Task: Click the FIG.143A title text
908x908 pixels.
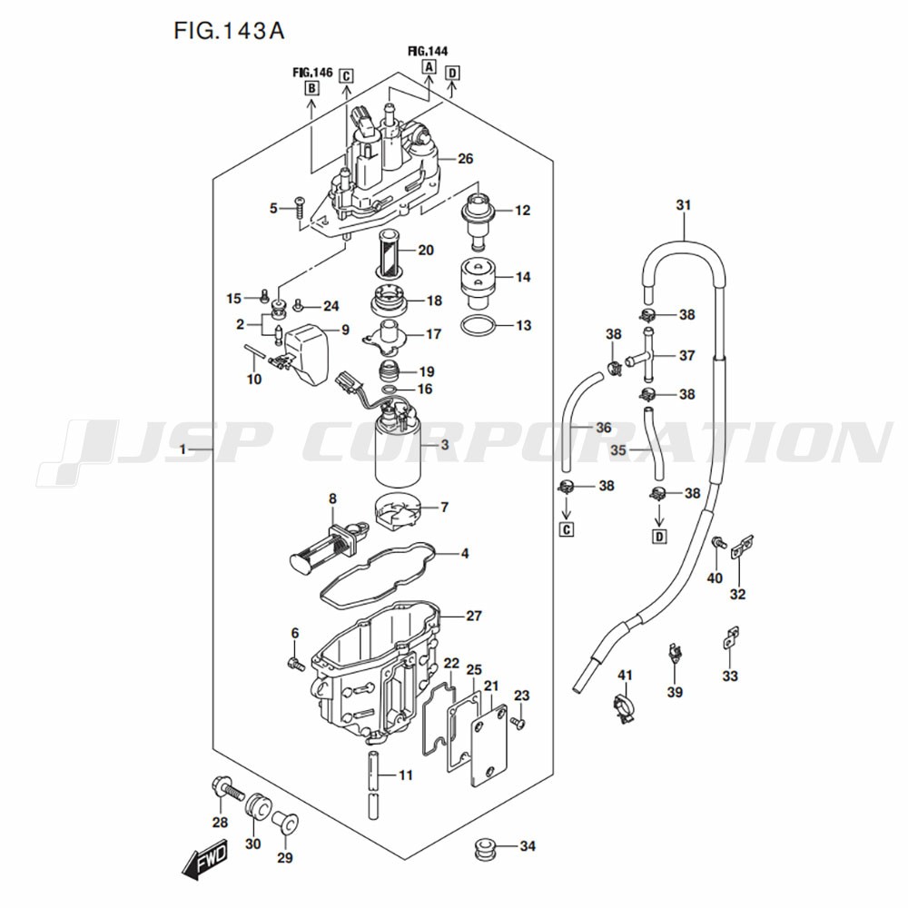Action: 229,30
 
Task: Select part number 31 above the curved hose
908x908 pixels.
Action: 683,205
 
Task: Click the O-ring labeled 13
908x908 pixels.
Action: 479,326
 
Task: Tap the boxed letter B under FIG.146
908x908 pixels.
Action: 311,88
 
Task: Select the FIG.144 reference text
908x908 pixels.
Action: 428,51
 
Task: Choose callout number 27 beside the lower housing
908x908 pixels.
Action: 473,616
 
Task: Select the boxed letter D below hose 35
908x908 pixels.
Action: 659,536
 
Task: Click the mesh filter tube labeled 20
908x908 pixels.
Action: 389,251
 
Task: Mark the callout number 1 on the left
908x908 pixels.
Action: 184,450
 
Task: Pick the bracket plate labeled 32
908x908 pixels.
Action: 741,546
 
